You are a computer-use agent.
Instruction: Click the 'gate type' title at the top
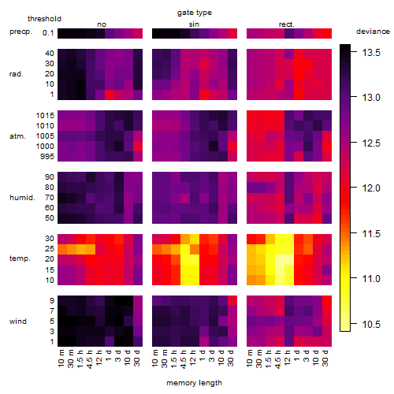click(x=195, y=13)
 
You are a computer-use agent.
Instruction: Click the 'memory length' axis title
click(x=194, y=383)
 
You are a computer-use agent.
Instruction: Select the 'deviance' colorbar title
click(x=373, y=32)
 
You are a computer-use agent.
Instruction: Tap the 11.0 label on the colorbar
click(x=371, y=278)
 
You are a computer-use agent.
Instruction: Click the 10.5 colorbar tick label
click(x=371, y=325)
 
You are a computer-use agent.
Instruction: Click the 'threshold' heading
click(x=44, y=19)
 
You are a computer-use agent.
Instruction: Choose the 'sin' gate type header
click(x=194, y=24)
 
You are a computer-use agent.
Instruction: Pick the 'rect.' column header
click(x=286, y=24)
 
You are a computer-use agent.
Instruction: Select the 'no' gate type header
click(x=102, y=24)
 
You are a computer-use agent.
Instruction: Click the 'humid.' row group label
click(x=22, y=198)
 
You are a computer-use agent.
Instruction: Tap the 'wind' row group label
click(x=18, y=322)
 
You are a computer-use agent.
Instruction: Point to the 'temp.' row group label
click(x=20, y=258)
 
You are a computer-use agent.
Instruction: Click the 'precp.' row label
click(x=20, y=32)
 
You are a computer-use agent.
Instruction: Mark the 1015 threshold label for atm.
click(x=45, y=116)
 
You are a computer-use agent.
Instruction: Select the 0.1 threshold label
click(x=48, y=33)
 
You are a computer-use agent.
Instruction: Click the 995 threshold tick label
click(x=47, y=157)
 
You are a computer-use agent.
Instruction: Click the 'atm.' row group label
click(x=17, y=136)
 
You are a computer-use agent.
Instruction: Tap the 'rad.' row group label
click(x=17, y=74)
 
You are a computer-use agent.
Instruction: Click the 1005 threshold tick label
click(x=45, y=136)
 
